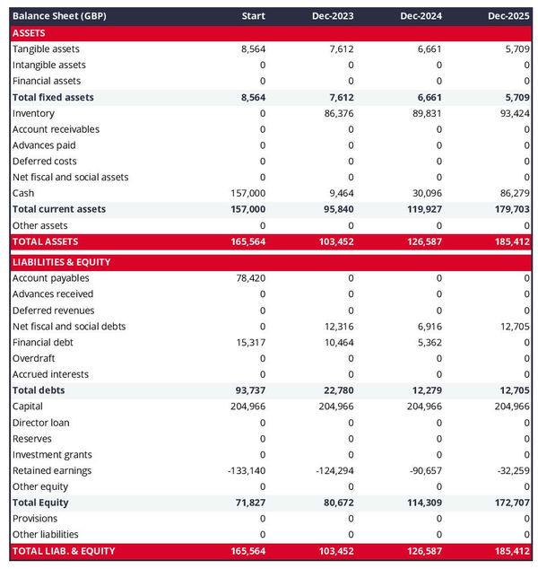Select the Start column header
pos(254,16)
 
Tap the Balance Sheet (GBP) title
pos(59,16)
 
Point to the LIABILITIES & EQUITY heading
pos(62,262)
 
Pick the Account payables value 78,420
pos(248,278)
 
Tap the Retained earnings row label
pos(52,470)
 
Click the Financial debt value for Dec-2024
pos(429,342)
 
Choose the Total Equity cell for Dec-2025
pos(510,503)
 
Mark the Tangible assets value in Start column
pos(252,49)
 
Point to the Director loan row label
pos(41,423)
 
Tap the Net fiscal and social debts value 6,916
pos(429,327)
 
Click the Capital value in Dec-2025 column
pos(510,407)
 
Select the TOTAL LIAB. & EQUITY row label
pos(64,550)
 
